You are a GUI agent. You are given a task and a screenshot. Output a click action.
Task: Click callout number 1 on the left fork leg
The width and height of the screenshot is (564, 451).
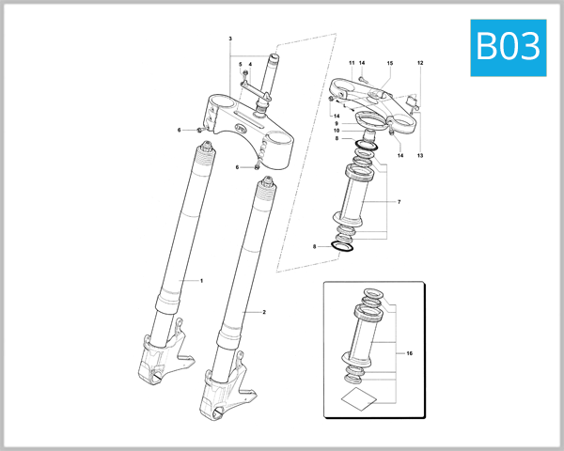(200, 280)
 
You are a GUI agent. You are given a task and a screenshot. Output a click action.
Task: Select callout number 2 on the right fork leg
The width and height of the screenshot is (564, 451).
(264, 311)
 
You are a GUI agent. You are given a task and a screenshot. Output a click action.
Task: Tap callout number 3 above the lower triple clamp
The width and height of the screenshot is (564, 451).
(249, 64)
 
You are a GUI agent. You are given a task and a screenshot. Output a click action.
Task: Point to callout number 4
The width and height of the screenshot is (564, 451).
(240, 64)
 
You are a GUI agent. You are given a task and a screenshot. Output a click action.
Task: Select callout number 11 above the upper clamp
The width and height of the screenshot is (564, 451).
(352, 63)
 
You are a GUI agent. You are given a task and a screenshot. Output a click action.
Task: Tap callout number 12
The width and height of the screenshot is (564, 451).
(420, 63)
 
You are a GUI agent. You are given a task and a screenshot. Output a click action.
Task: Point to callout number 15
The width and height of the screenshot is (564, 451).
(390, 63)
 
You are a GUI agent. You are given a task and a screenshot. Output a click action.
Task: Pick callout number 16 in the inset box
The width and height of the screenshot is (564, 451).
(410, 353)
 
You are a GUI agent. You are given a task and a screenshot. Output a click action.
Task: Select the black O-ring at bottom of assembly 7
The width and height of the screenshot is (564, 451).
(344, 247)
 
